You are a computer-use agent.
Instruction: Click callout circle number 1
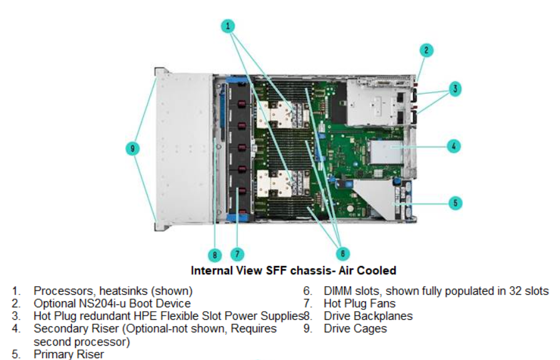pos(229,26)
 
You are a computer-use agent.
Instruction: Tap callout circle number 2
pos(425,51)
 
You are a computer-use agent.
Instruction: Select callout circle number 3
pos(456,89)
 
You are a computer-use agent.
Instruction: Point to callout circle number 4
pos(454,146)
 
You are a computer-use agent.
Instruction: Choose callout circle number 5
pos(456,203)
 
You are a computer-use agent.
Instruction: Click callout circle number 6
pos(342,254)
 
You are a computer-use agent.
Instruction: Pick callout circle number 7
pos(237,254)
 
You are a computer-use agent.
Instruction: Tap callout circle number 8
pos(215,254)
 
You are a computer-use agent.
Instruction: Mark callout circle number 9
pos(132,148)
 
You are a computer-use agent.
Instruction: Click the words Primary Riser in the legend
pos(69,354)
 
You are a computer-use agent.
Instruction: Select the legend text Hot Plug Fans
pos(359,304)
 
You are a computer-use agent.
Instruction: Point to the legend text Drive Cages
pos(355,329)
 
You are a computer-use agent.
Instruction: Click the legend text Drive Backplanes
pos(369,316)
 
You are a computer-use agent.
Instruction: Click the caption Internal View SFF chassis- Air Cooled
pos(293,271)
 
